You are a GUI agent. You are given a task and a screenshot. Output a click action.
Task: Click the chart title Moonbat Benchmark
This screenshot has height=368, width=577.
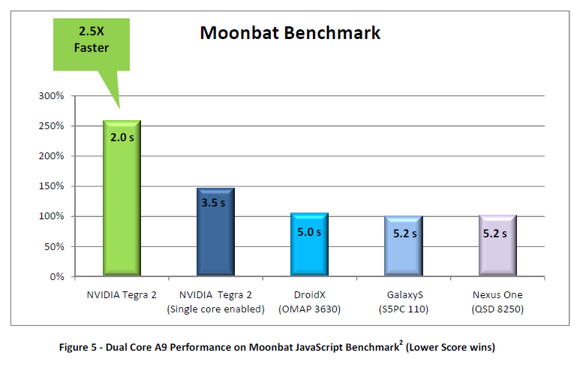point(290,34)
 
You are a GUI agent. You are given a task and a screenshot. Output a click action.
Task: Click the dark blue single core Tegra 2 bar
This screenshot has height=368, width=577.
point(215,233)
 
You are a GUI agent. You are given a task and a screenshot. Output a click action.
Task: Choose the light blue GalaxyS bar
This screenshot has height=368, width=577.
point(403,247)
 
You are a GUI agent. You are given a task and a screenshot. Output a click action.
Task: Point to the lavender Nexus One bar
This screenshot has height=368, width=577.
point(497,247)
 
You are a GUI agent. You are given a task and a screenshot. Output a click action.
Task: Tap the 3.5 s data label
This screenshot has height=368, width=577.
point(215,203)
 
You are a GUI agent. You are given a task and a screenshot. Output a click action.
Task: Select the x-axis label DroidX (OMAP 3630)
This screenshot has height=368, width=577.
point(309,302)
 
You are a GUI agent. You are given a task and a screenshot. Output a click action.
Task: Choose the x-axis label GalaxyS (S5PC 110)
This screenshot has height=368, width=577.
point(403,302)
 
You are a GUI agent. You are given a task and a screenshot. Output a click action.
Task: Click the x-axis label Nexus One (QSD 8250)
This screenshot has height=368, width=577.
point(497,302)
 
